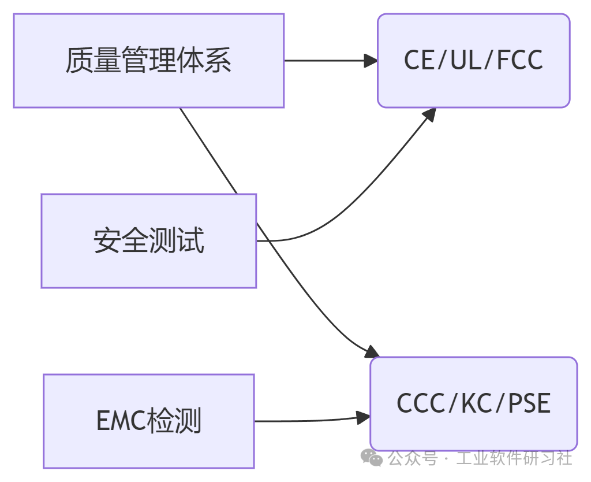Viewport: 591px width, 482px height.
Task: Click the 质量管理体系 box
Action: click(x=148, y=61)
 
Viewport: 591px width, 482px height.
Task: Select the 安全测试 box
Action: click(x=148, y=240)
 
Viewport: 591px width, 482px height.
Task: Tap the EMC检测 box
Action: click(x=148, y=421)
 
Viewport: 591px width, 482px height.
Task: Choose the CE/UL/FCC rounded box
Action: click(x=473, y=61)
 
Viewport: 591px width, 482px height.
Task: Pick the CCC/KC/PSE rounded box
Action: click(x=473, y=403)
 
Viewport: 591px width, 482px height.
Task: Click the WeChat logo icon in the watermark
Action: click(x=371, y=458)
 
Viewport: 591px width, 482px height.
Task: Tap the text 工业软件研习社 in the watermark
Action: click(x=514, y=458)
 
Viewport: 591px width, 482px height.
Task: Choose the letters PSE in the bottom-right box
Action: click(x=529, y=403)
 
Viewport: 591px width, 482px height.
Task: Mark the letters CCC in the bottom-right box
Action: click(x=421, y=403)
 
